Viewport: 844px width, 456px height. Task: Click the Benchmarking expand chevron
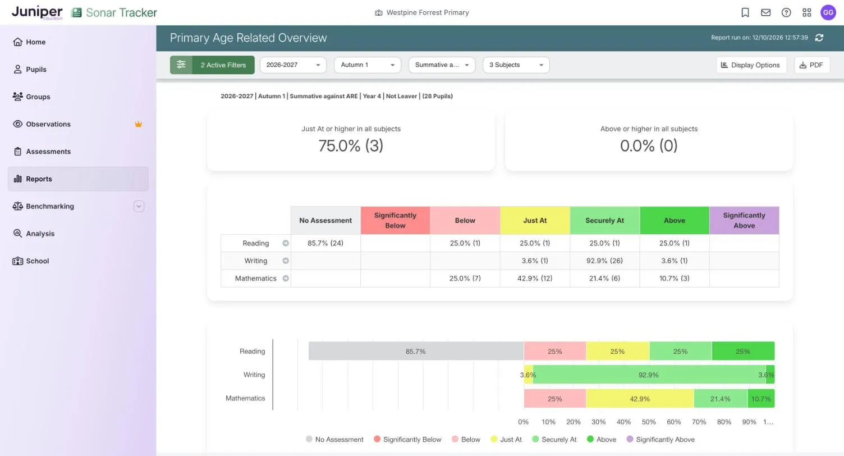[139, 206]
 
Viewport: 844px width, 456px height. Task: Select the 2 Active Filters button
[212, 65]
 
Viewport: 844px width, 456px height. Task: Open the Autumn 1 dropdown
[368, 65]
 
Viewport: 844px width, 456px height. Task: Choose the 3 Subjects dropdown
[516, 65]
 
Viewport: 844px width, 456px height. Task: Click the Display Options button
[751, 65]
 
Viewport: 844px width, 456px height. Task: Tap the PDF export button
[811, 65]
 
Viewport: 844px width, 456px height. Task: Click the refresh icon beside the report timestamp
[819, 38]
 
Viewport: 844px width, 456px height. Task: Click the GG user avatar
[828, 12]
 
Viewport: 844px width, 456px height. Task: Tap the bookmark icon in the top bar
[745, 12]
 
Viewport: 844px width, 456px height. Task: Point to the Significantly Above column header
[744, 220]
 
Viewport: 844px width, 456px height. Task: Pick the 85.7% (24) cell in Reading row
[325, 243]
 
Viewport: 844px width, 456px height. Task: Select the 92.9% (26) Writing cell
[604, 261]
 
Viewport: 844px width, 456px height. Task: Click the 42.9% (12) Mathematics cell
[535, 279]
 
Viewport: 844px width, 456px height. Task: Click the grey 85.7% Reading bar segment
[416, 351]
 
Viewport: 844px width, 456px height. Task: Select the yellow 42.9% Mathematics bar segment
[640, 399]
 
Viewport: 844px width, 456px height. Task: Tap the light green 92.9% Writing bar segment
[649, 375]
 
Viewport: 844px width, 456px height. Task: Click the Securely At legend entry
[554, 439]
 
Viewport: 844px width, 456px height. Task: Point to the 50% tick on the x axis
[649, 422]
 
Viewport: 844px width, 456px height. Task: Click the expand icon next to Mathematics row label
[286, 279]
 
